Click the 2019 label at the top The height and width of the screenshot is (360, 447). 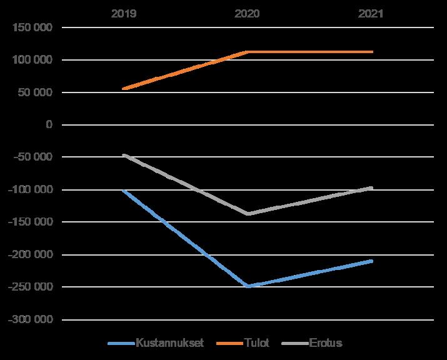click(x=124, y=14)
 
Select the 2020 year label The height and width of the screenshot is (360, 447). click(x=247, y=14)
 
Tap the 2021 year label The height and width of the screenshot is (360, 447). click(x=371, y=14)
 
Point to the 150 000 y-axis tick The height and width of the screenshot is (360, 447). click(x=33, y=27)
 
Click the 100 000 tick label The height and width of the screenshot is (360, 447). click(x=33, y=60)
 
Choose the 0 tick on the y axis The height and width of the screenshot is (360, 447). click(x=49, y=124)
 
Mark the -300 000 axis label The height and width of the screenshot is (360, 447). click(x=31, y=319)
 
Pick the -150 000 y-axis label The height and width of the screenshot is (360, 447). click(x=31, y=222)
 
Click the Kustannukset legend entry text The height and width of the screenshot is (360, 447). click(x=170, y=342)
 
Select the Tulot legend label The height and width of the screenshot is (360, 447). click(x=256, y=342)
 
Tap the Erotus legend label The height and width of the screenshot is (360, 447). click(x=326, y=342)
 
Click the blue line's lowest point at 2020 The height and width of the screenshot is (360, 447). click(x=248, y=286)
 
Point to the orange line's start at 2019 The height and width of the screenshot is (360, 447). click(x=124, y=89)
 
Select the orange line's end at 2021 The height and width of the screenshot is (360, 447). click(x=372, y=52)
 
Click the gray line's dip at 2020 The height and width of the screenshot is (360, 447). click(x=248, y=214)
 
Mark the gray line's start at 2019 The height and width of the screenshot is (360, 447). click(x=124, y=155)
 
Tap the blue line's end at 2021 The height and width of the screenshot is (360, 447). click(x=372, y=261)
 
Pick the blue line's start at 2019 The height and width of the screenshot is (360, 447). click(x=124, y=191)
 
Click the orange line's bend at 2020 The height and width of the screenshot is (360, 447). click(x=248, y=52)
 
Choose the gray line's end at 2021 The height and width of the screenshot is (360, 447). click(x=372, y=188)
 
